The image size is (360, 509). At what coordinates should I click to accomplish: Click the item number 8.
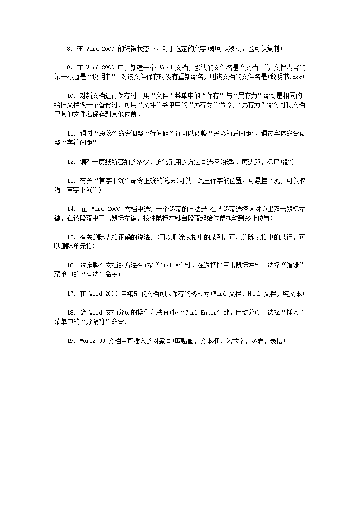[x=69, y=48]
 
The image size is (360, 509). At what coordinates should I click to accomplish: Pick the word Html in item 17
[x=254, y=294]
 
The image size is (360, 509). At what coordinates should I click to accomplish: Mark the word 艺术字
[x=236, y=341]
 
